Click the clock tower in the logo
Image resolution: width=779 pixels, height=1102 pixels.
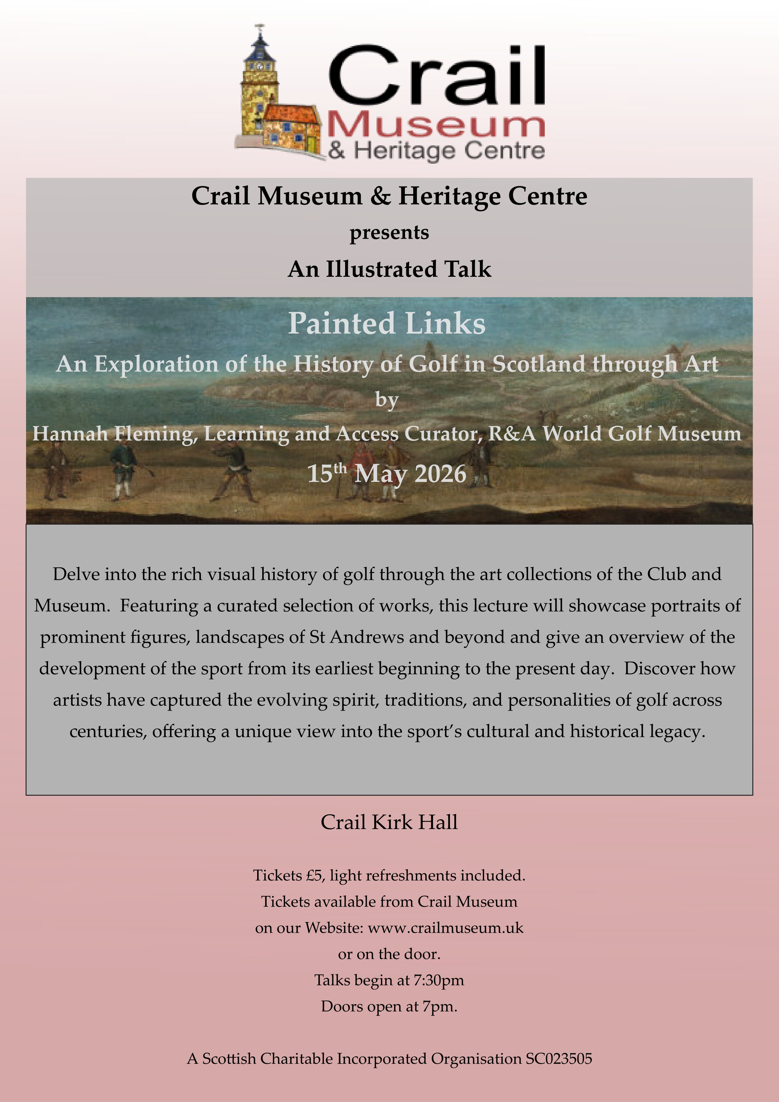pos(259,77)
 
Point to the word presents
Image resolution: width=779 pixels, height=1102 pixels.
pos(389,233)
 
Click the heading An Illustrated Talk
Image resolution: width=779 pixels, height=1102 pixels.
pos(389,269)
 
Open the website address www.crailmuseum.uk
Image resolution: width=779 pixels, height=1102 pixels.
pos(445,928)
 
